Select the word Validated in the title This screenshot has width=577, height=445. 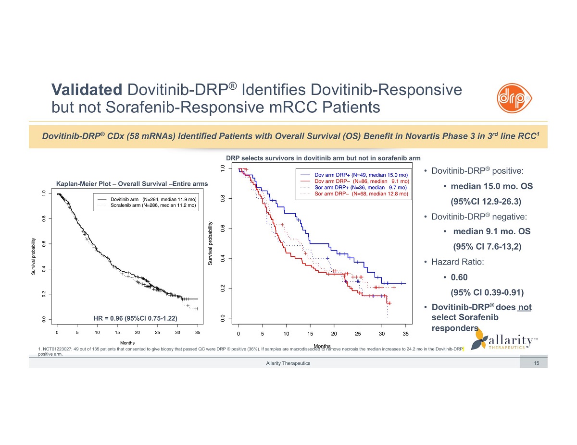87,90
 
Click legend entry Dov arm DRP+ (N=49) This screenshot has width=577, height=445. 361,175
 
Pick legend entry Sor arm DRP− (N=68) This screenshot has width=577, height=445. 361,194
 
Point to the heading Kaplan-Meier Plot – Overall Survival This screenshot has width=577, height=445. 132,184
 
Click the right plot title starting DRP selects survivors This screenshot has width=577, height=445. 323,158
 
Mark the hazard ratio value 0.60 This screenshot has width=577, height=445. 459,277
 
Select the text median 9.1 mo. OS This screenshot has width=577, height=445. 491,231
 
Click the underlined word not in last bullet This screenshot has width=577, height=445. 525,307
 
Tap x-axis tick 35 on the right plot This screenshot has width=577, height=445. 405,334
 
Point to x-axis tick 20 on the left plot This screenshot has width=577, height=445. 138,332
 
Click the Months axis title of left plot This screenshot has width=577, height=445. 127,343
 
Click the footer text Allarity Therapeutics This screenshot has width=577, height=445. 288,363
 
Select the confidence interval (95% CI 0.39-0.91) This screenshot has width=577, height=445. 487,292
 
